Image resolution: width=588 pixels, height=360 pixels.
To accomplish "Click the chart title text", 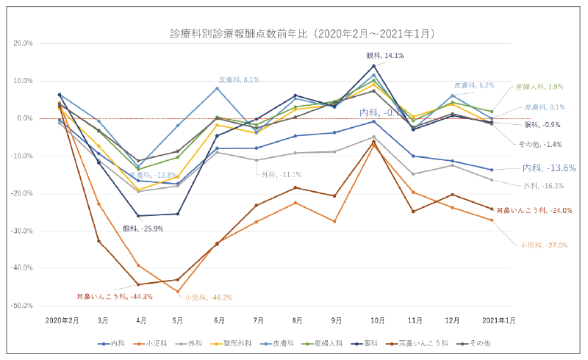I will click(x=303, y=33).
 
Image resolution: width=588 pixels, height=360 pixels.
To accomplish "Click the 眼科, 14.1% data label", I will click(x=385, y=56).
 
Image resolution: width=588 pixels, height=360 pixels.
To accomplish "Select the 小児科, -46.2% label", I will click(x=209, y=298).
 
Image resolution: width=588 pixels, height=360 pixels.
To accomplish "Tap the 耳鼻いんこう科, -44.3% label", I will click(x=115, y=297).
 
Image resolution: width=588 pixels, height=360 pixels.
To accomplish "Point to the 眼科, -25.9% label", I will click(x=146, y=228).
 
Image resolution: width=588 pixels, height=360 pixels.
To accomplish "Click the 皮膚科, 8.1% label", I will click(x=238, y=79).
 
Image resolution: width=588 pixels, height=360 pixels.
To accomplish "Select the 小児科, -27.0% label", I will click(x=543, y=245).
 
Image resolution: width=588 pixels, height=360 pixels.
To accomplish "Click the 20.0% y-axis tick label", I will click(x=23, y=43).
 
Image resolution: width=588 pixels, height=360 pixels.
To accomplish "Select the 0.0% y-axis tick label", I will click(x=24, y=118).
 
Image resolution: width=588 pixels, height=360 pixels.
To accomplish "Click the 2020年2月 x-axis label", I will click(x=62, y=320).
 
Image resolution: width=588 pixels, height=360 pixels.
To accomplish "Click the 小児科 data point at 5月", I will click(x=178, y=292).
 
